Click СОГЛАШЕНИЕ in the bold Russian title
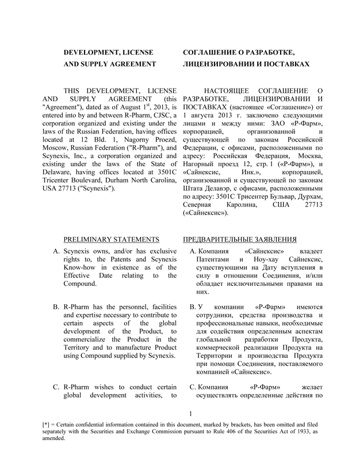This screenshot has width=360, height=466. pos(209,53)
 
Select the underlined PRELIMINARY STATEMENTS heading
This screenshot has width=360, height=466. pos(111,238)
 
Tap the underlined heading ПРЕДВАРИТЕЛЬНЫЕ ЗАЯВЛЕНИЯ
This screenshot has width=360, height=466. pos(240,238)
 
